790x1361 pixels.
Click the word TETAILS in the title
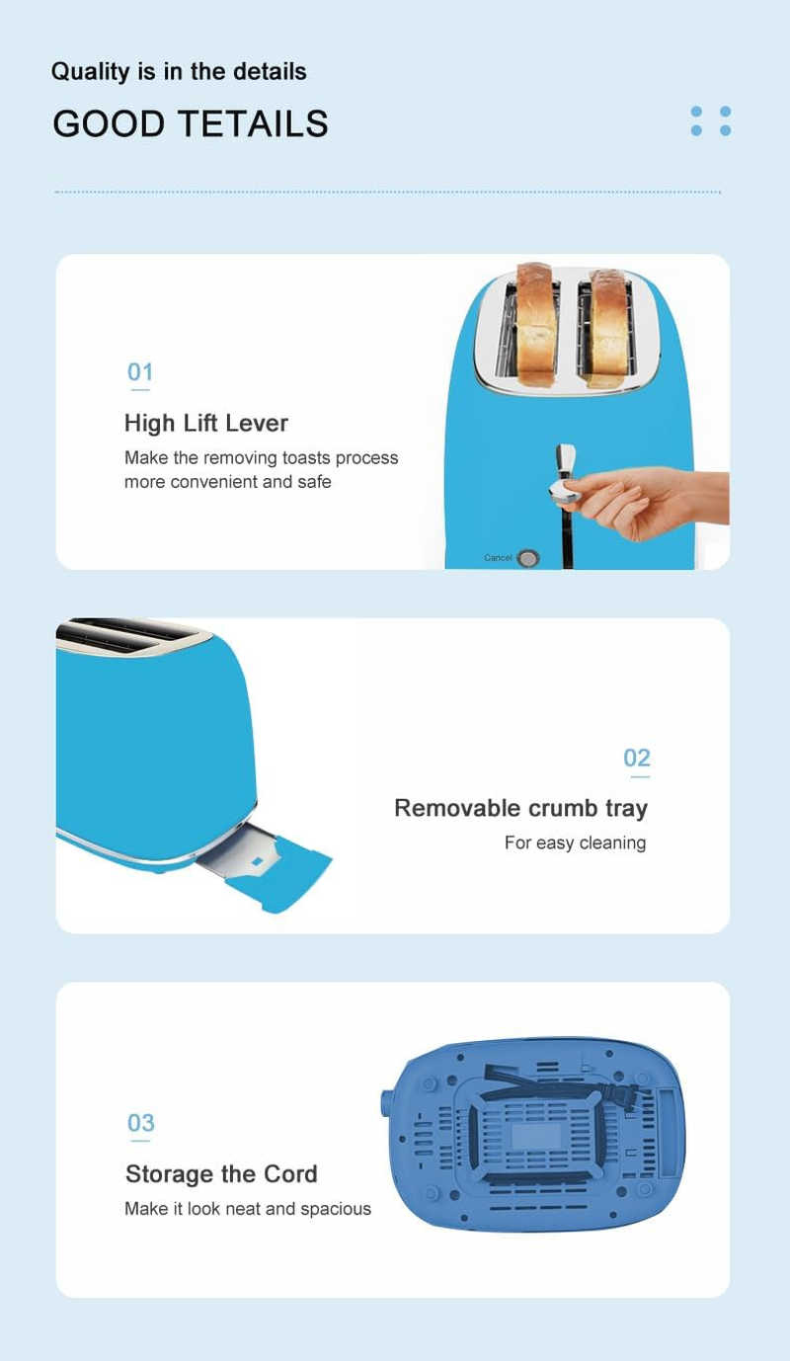pos(255,123)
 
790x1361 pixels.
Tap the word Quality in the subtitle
pos(91,72)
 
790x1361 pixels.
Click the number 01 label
pos(140,371)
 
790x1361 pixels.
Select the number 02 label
pos(637,758)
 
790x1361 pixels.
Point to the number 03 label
pos(140,1122)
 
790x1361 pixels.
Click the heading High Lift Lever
pos(206,423)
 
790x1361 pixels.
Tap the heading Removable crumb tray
pos(520,808)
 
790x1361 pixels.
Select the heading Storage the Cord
pos(221,1174)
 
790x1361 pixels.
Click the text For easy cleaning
pos(575,842)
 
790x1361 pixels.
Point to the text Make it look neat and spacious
pos(247,1209)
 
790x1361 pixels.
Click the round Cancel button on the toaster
pos(528,558)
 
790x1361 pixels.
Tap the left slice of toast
pos(536,325)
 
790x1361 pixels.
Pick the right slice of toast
pos(609,328)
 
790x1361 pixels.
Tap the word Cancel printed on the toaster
pos(498,558)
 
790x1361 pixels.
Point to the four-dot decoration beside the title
pos(711,120)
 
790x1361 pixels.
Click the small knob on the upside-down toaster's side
pos(386,1103)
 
